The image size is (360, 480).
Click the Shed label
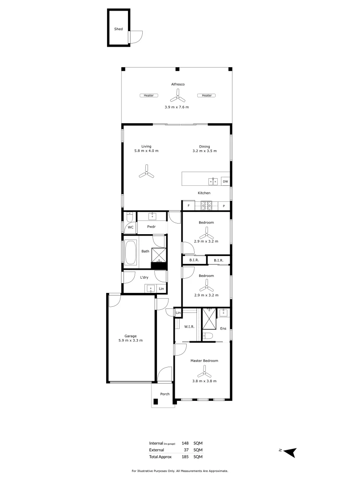pos(118,29)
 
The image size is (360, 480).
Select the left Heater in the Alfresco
pos(148,95)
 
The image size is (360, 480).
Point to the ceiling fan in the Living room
pos(146,172)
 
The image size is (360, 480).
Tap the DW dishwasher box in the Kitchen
pos(225,181)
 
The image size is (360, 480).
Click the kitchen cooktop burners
pos(207,205)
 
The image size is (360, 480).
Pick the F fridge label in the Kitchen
pos(188,206)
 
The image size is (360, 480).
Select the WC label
pos(131,227)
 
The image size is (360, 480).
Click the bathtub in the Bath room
pos(131,252)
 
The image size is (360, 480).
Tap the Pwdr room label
pos(152,226)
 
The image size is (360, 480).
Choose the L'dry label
pos(144,278)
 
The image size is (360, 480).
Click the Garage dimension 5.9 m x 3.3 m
pos(131,340)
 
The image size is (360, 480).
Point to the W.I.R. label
pos(189,327)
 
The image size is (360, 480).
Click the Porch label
pos(165,394)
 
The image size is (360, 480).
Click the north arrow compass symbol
pos(290,452)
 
